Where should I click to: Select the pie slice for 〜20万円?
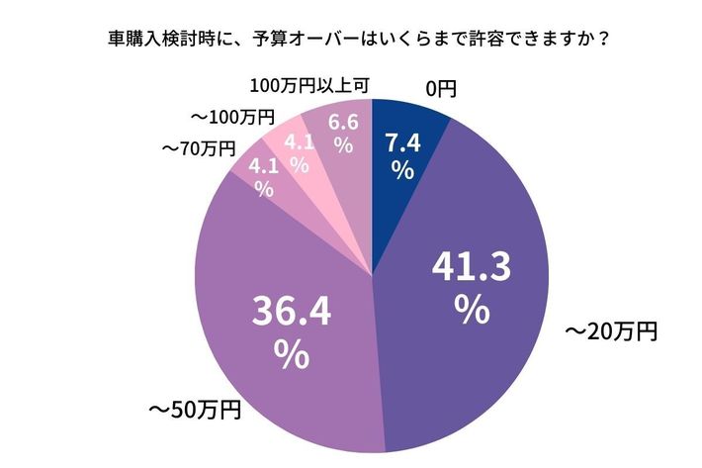[x=475, y=327]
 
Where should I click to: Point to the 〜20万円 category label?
[x=610, y=331]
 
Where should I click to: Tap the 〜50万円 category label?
[x=195, y=408]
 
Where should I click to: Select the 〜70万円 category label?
[x=199, y=149]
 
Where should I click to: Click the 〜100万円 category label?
[x=233, y=117]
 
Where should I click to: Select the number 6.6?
[x=343, y=123]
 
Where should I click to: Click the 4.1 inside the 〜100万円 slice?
[x=299, y=142]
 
